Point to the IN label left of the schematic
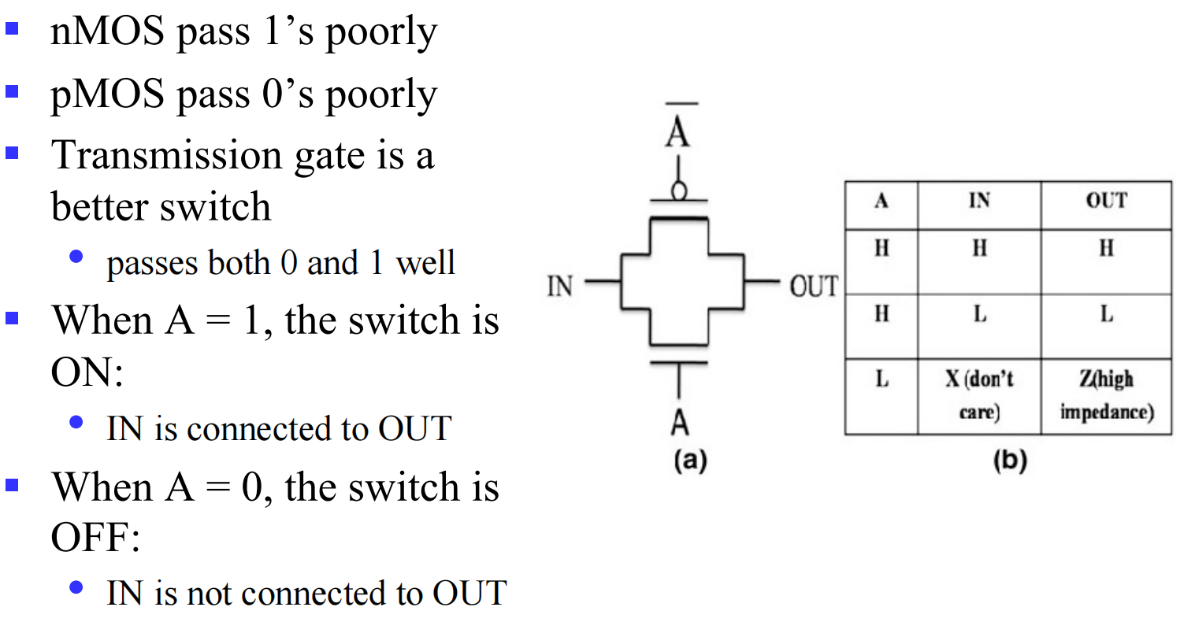pos(560,287)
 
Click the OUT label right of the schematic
pos(814,287)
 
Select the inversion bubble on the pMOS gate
pos(677,191)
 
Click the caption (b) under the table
pos(1009,461)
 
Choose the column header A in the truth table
pos(882,202)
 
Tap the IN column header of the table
pos(979,202)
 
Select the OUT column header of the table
pos(1106,202)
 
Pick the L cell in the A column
pos(882,380)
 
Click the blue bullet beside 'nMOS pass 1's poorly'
pos(12,31)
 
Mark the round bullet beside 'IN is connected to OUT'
pos(76,423)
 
